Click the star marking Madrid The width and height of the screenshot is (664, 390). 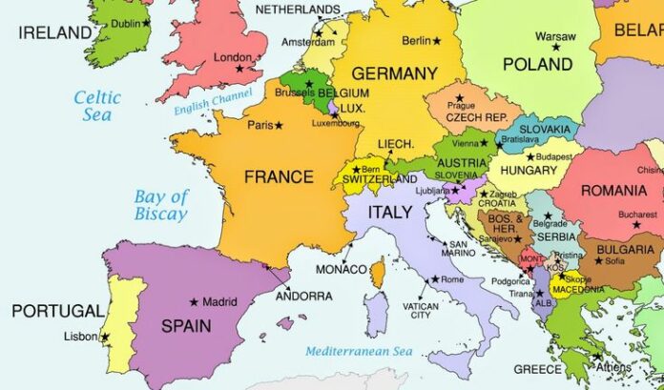pyautogui.click(x=194, y=302)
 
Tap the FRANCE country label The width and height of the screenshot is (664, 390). pyautogui.click(x=279, y=176)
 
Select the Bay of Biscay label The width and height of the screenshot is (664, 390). pyautogui.click(x=160, y=205)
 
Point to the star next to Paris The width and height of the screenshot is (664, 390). pyautogui.click(x=279, y=125)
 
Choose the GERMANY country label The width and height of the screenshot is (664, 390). pyautogui.click(x=394, y=73)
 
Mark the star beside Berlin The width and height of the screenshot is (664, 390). pyautogui.click(x=437, y=41)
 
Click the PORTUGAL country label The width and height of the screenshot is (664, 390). pyautogui.click(x=58, y=311)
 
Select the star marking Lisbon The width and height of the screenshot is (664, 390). pyautogui.click(x=105, y=337)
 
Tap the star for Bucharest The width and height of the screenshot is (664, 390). pyautogui.click(x=637, y=224)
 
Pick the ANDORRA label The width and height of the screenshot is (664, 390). pyautogui.click(x=303, y=296)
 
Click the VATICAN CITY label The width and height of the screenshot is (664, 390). pyautogui.click(x=422, y=310)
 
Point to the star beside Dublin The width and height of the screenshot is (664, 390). pyautogui.click(x=146, y=22)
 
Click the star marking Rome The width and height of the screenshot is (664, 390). pyautogui.click(x=435, y=279)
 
